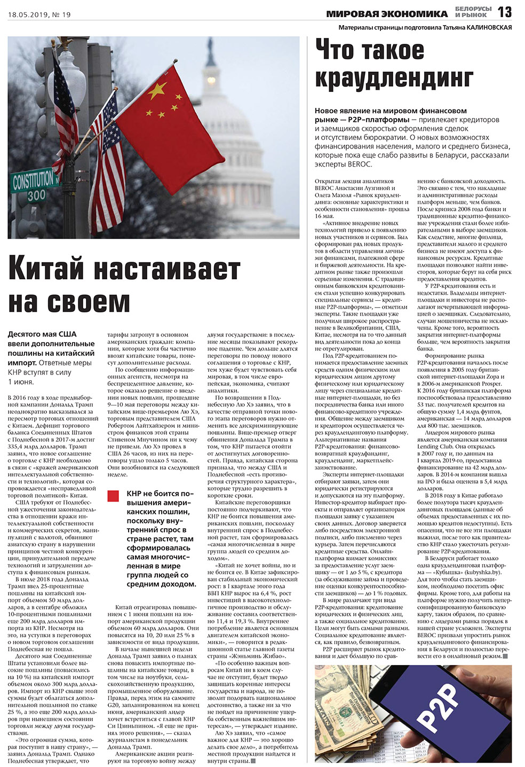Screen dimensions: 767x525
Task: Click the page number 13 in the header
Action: [x=504, y=12]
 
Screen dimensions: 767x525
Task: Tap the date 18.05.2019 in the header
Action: [x=28, y=14]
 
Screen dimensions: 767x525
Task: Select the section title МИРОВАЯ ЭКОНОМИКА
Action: [x=387, y=14]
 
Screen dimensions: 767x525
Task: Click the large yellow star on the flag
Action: [x=157, y=91]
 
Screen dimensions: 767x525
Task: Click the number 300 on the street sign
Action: [x=36, y=195]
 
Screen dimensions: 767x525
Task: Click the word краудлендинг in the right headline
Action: [x=394, y=79]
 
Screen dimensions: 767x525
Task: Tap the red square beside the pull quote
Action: [x=113, y=496]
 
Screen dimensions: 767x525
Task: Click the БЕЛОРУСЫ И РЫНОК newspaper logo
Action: [x=473, y=12]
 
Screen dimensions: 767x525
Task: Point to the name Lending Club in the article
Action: [x=434, y=447]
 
